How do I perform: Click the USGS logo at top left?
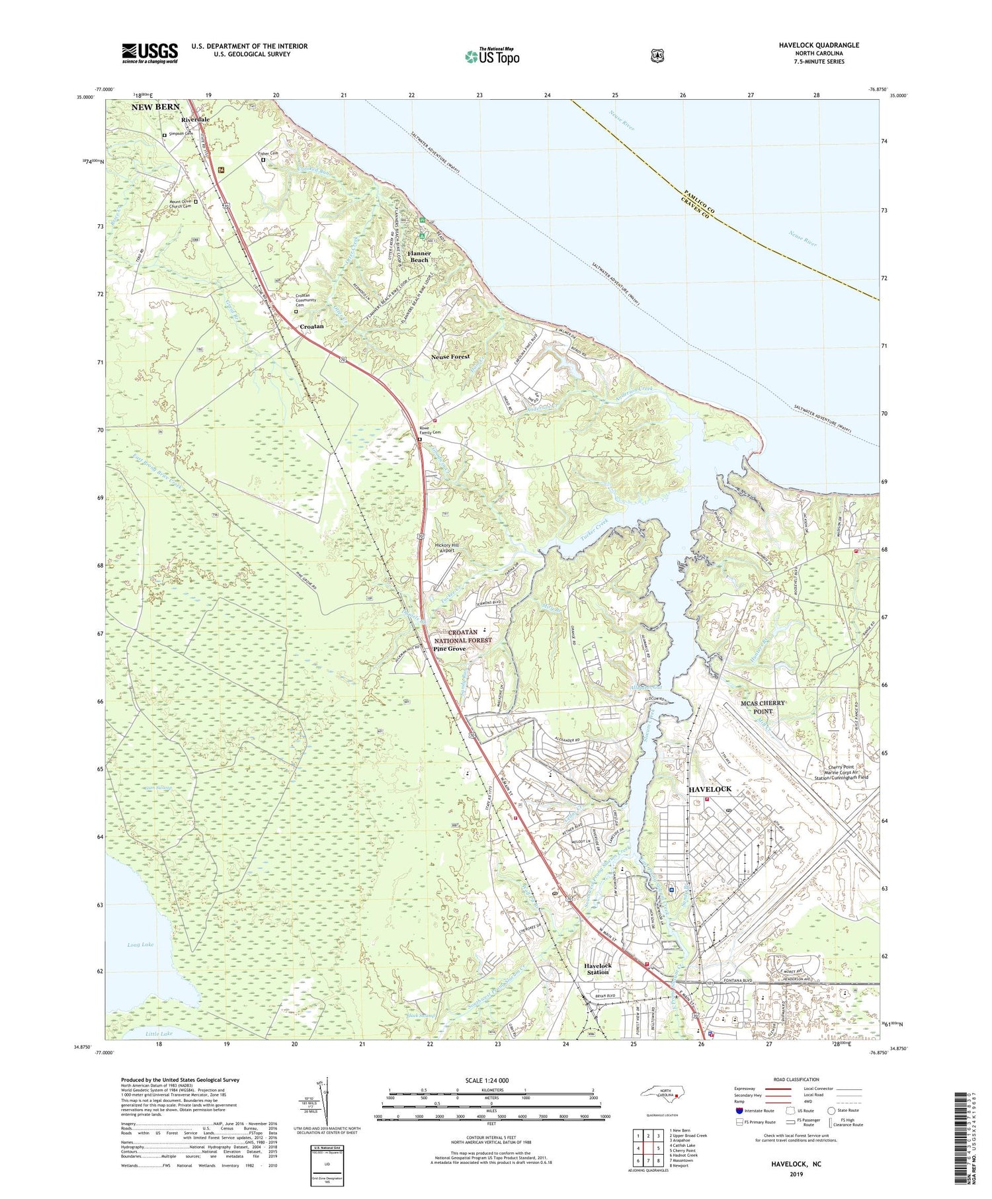click(x=149, y=53)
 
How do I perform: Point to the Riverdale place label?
click(x=195, y=120)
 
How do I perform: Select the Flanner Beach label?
click(x=419, y=257)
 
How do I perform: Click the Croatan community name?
click(x=311, y=327)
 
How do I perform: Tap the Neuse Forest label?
click(x=450, y=356)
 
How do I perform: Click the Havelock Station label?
click(x=597, y=969)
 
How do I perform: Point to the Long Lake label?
click(x=140, y=944)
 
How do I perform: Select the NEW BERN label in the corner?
click(x=155, y=107)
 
